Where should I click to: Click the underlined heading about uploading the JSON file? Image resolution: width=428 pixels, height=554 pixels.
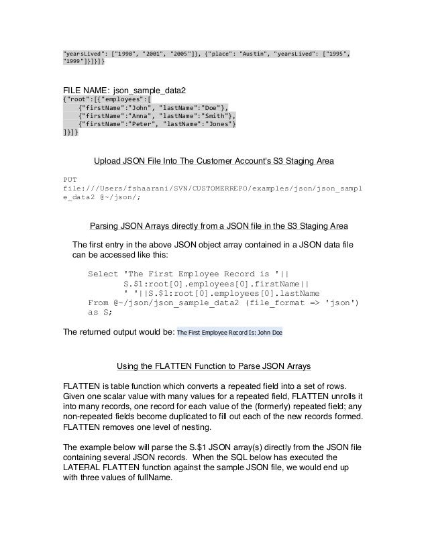tap(214, 162)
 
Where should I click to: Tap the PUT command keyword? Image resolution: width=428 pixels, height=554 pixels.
tap(69, 180)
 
